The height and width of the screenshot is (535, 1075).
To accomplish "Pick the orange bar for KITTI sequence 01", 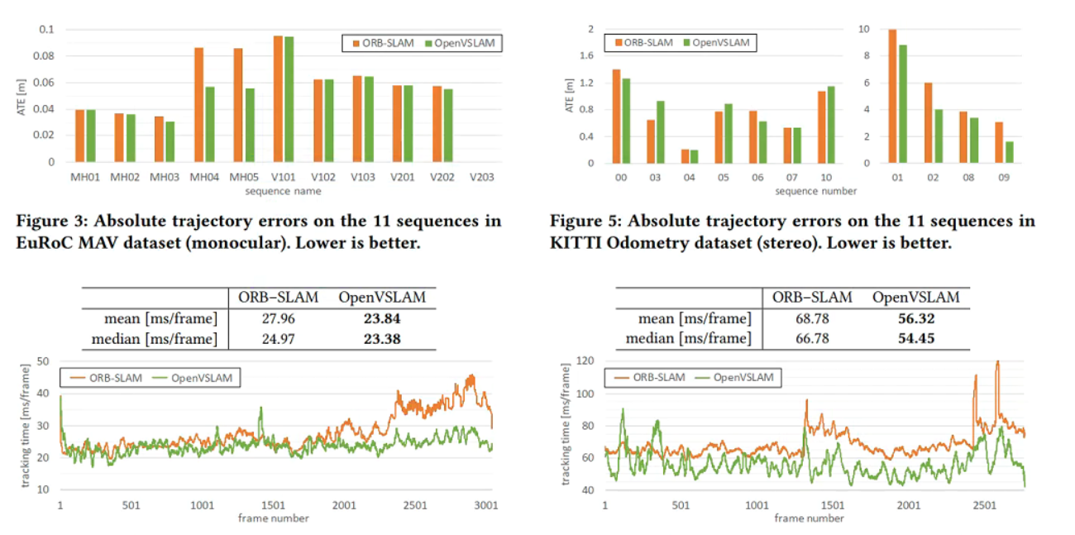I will click(892, 96).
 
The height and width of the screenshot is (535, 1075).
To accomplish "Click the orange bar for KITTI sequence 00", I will click(616, 116).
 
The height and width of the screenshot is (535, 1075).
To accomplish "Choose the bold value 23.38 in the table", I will click(381, 338).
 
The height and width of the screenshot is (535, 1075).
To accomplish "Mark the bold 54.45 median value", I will click(916, 338).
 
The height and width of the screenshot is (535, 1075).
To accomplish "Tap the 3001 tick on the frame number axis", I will click(484, 505).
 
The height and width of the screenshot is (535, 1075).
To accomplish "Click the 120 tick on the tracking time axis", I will click(585, 361).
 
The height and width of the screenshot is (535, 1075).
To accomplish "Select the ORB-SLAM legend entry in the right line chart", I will click(650, 377).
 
